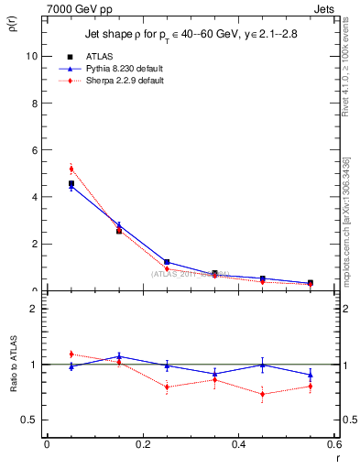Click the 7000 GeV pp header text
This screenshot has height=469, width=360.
tap(74, 8)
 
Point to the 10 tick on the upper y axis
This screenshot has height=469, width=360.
tap(33, 55)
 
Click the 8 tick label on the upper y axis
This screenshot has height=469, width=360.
tap(35, 103)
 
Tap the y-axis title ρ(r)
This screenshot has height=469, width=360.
tap(12, 27)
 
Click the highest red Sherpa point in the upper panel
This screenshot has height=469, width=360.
tap(71, 169)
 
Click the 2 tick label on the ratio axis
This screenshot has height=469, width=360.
tap(35, 309)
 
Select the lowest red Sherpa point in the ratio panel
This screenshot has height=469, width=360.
tap(263, 395)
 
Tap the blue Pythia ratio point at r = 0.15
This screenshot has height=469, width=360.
tap(119, 356)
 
